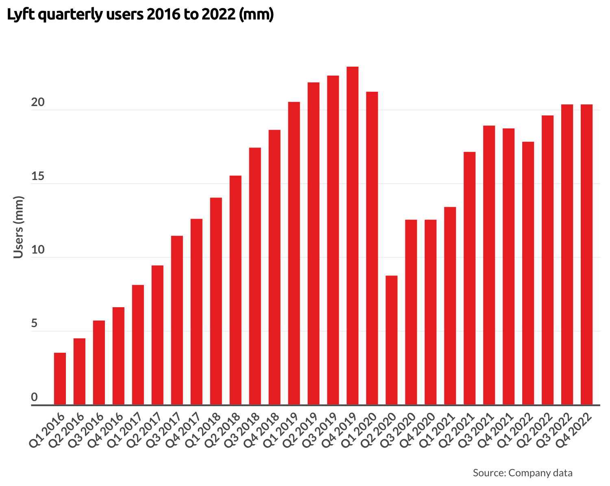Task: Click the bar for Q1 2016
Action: click(x=60, y=378)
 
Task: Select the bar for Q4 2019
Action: click(x=353, y=236)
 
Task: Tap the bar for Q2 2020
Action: click(x=392, y=340)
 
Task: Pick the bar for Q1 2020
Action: click(x=372, y=248)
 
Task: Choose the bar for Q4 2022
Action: click(x=586, y=255)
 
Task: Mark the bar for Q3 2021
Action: click(x=489, y=265)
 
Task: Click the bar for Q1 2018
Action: click(x=216, y=301)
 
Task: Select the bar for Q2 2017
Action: click(x=157, y=335)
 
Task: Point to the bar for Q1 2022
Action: click(x=528, y=273)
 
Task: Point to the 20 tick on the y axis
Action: click(x=37, y=103)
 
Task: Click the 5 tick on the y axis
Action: click(x=34, y=324)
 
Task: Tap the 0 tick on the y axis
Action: click(x=34, y=397)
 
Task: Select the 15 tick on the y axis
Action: click(x=37, y=177)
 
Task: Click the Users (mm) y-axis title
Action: click(x=18, y=227)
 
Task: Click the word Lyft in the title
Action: click(x=20, y=15)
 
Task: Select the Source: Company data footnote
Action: click(x=523, y=473)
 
